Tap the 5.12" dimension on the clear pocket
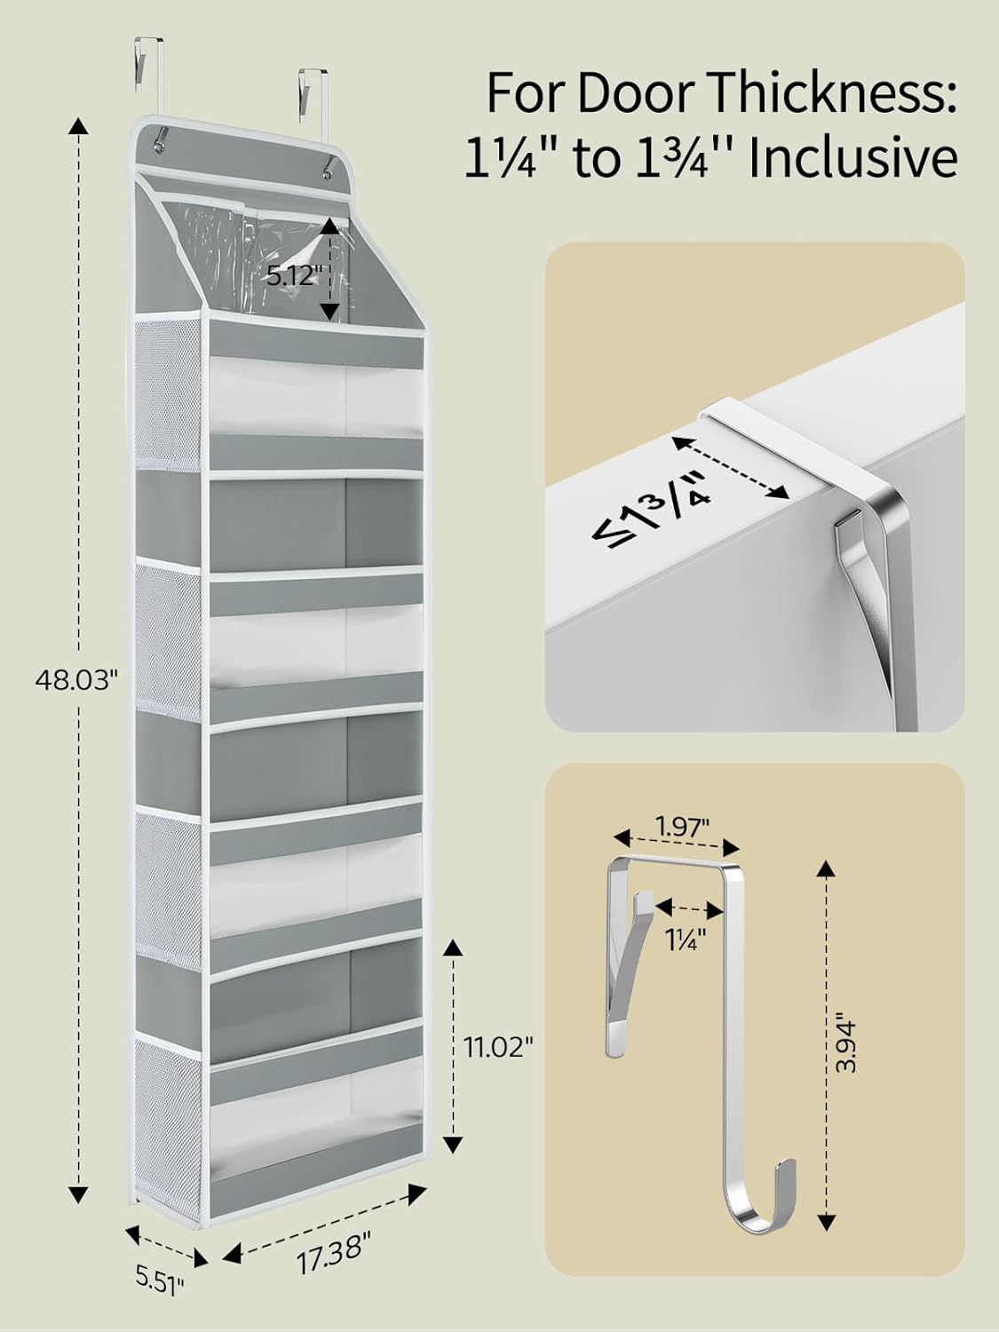pyautogui.click(x=292, y=275)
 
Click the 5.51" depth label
pyautogui.click(x=161, y=1280)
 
